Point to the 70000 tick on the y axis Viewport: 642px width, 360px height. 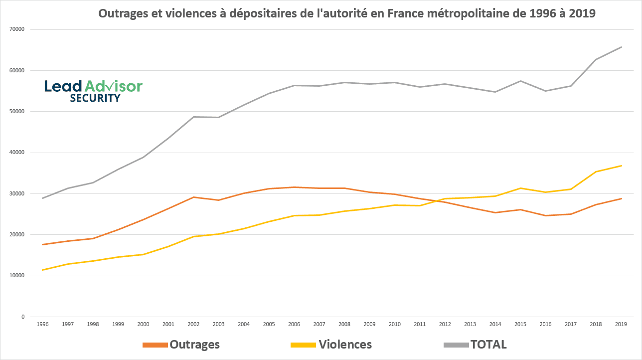[x=17, y=29]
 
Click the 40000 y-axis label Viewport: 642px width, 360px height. [x=17, y=153]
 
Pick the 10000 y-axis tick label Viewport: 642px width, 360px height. [x=17, y=276]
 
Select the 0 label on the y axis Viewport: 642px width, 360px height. [x=23, y=317]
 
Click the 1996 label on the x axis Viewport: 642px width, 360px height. [x=43, y=324]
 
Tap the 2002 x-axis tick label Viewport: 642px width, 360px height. [x=193, y=324]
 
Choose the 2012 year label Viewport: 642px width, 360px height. [x=445, y=324]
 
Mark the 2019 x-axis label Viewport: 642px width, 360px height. [x=621, y=324]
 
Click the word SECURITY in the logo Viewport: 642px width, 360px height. [x=95, y=98]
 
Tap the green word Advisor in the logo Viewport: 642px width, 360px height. [x=114, y=86]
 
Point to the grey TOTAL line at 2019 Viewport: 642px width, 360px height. [x=621, y=47]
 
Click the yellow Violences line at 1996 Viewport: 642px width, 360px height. [x=43, y=270]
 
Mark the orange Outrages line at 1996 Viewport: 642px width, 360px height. [x=43, y=244]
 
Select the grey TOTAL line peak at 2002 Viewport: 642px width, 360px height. [x=193, y=117]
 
